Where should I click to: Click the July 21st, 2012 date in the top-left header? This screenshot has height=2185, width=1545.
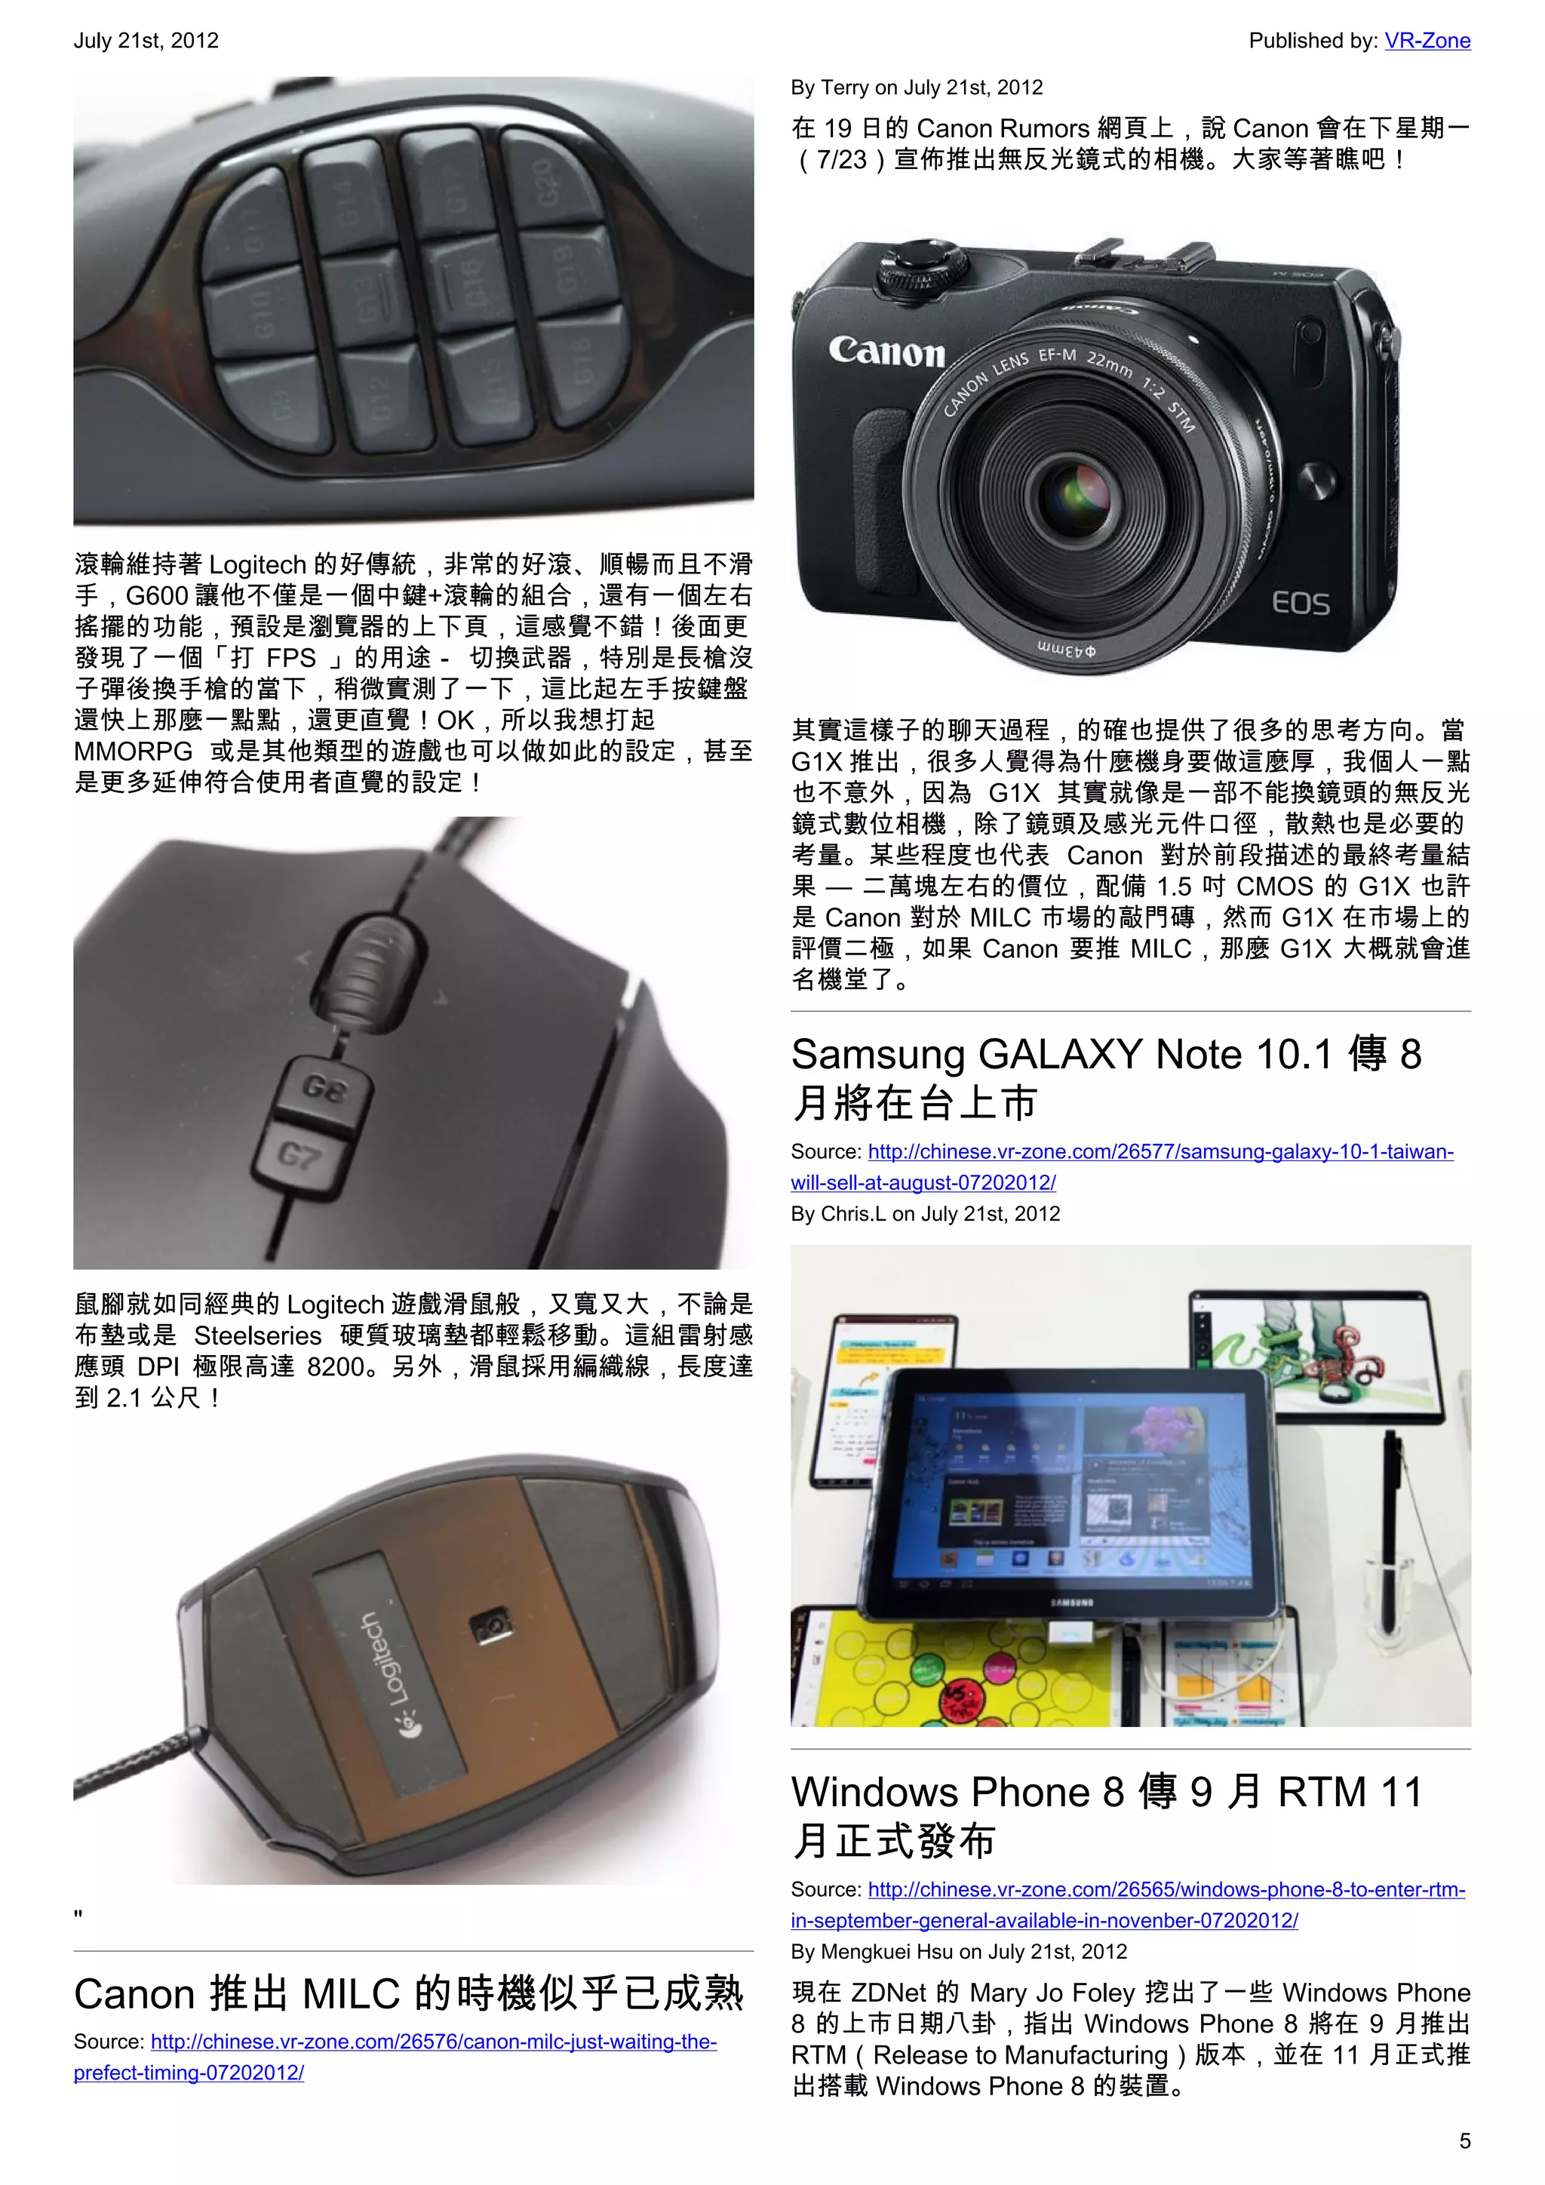[146, 41]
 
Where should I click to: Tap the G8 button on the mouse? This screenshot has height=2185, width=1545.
[324, 1089]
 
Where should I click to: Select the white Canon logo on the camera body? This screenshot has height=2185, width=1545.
[886, 351]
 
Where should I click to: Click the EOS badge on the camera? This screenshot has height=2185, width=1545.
[1301, 602]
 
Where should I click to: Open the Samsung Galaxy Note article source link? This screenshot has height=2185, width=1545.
[1122, 1166]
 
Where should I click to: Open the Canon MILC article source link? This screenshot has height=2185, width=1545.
[395, 2057]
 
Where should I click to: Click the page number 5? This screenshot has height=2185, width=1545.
[1464, 2141]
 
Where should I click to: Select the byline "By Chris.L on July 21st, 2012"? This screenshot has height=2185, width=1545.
[925, 1213]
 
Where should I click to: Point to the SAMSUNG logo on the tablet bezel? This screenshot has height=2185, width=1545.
[1071, 1603]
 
